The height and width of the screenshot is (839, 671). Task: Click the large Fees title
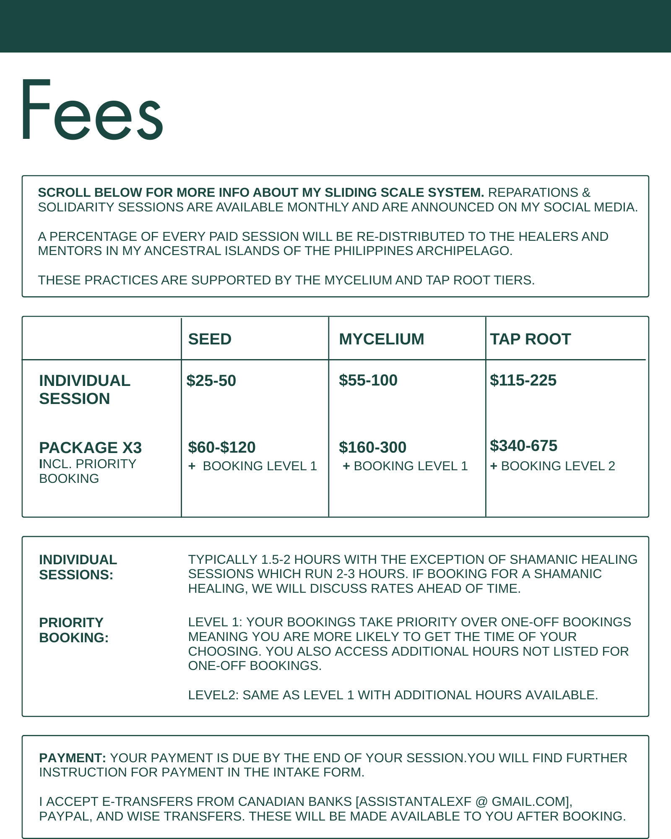coord(92,110)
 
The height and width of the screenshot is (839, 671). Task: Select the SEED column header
coord(210,339)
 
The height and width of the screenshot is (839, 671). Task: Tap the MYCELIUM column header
coord(381,339)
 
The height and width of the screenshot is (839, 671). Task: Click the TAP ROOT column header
coord(530,339)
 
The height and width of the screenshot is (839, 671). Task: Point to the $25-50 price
coord(211,380)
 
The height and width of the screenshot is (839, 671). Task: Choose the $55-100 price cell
coord(368,380)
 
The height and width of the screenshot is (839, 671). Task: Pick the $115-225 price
coord(523,380)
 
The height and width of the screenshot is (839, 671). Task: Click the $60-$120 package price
coord(221,447)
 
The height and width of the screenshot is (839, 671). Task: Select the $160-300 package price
coord(372,447)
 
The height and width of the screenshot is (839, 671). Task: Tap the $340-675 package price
coord(523,446)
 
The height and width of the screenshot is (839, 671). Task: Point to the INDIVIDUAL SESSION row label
coord(84,389)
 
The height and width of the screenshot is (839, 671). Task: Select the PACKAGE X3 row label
coord(90,448)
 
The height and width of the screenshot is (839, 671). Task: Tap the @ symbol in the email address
coord(481,802)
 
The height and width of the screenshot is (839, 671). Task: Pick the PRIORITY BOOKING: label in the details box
coord(73,630)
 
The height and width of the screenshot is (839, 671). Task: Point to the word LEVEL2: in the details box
coord(213,695)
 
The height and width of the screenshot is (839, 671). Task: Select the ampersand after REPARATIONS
coord(586,193)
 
